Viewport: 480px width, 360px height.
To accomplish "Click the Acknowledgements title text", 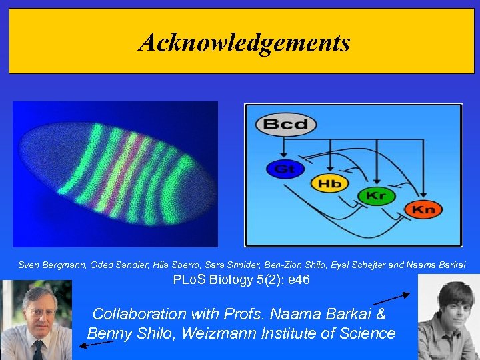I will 244,43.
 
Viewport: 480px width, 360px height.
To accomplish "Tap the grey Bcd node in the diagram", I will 285,124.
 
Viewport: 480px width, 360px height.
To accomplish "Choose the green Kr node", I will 376,197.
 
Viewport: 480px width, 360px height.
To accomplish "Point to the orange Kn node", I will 423,209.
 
